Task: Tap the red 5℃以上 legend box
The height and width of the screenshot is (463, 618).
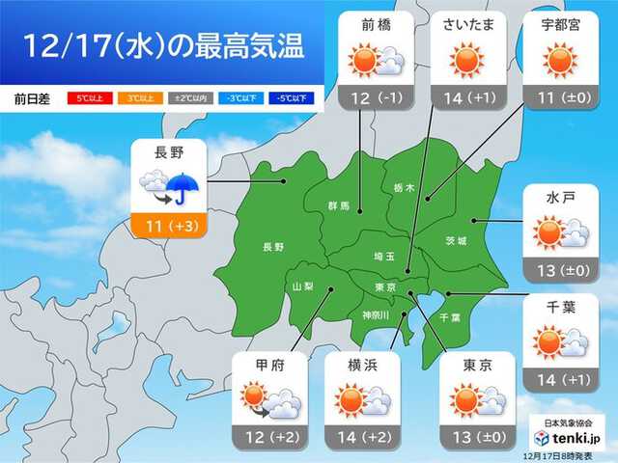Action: click(x=88, y=97)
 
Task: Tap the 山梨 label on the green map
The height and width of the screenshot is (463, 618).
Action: click(x=302, y=286)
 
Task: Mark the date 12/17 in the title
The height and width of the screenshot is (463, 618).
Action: click(x=58, y=45)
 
